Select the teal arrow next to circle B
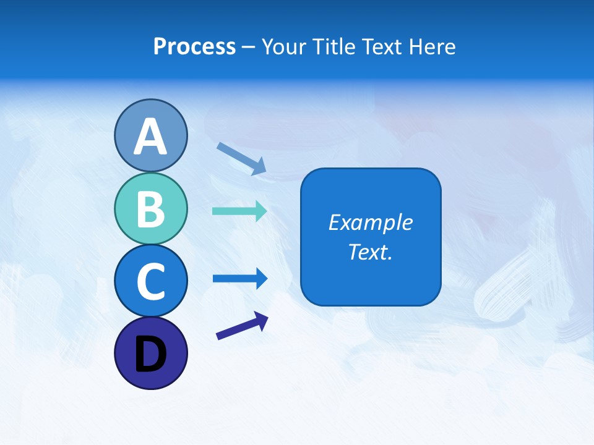tap(239, 211)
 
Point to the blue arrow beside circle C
tap(239, 278)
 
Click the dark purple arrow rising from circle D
tap(242, 326)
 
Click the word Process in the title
tap(194, 46)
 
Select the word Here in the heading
tap(433, 46)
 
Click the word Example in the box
tap(370, 222)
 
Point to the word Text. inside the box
tap(370, 252)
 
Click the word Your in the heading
tap(285, 46)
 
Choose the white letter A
tap(150, 137)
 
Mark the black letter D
tap(150, 354)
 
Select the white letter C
tap(150, 281)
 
